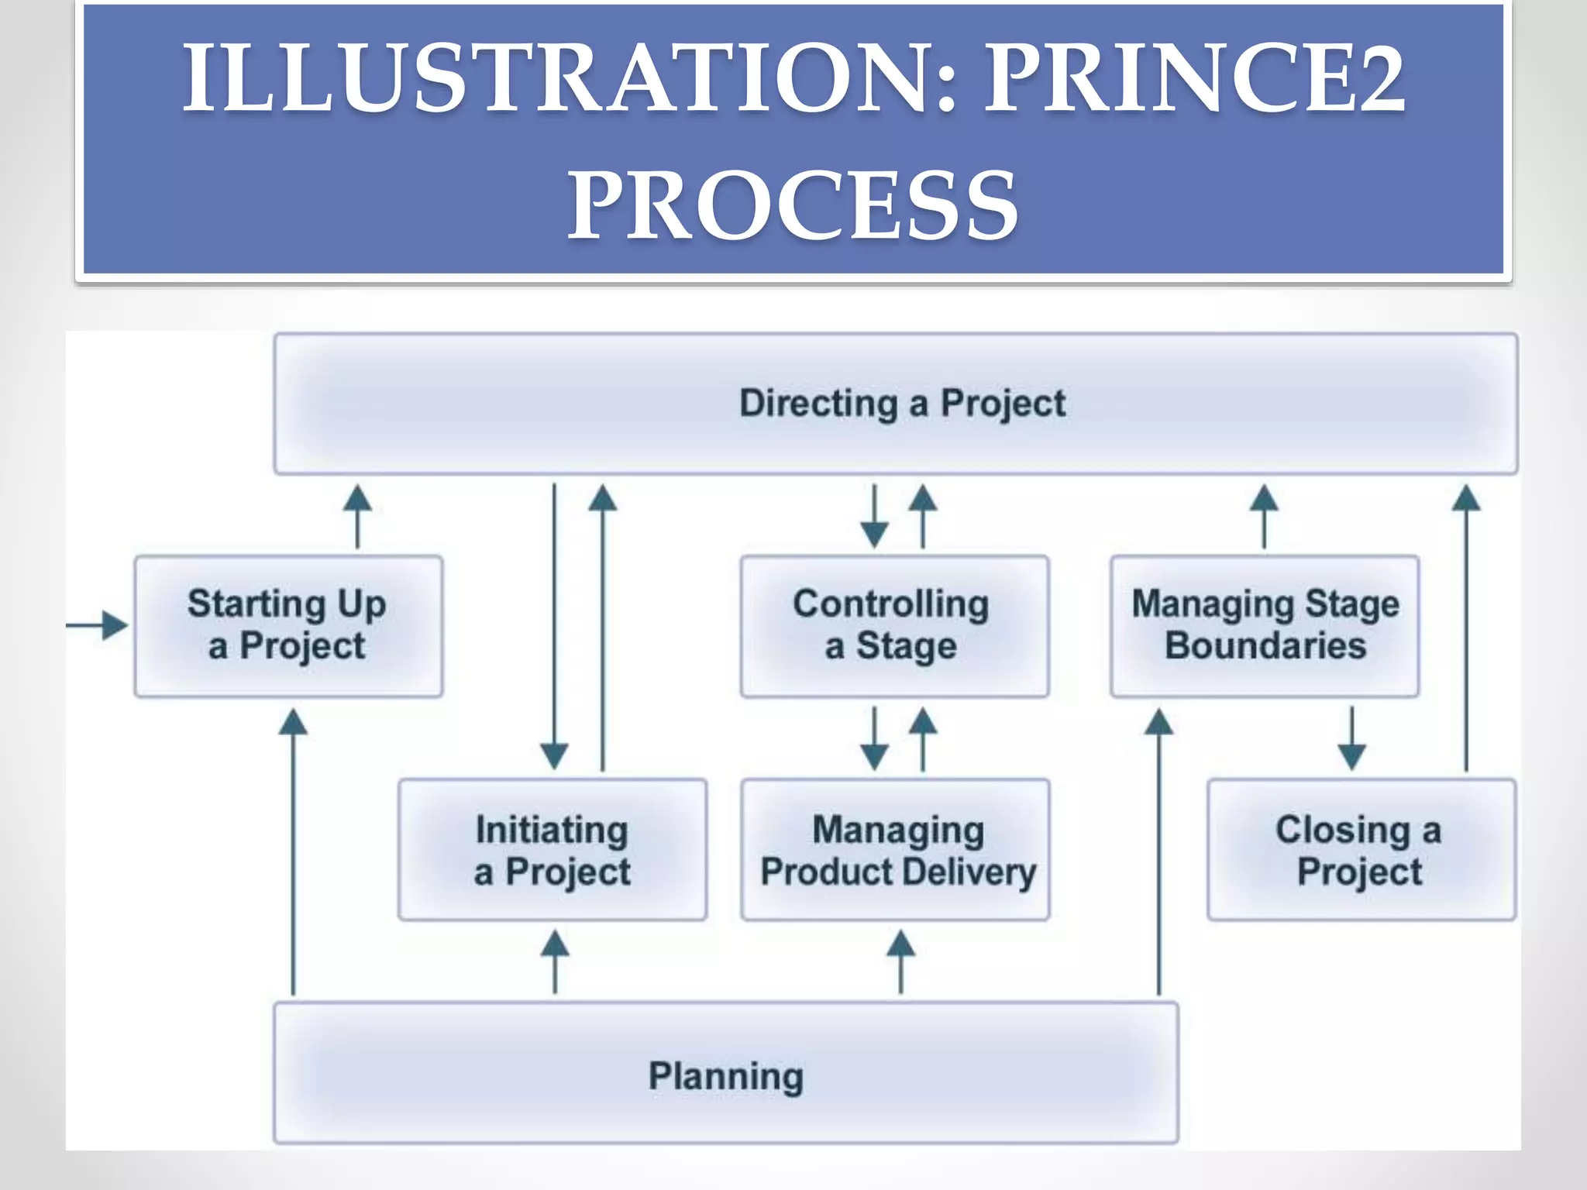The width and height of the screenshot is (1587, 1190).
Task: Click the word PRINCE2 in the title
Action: [1193, 77]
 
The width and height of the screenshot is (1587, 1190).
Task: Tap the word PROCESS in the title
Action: [793, 205]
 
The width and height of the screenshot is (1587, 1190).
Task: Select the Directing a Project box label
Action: [902, 404]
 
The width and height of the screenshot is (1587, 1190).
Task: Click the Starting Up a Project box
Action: [288, 625]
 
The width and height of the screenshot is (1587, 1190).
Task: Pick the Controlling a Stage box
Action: [894, 625]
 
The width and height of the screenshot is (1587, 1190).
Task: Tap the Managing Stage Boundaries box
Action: [1265, 625]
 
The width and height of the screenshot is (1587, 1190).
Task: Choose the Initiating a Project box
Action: [553, 850]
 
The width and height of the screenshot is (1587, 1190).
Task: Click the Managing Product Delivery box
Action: [896, 850]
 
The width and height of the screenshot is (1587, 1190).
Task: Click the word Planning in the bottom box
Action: [726, 1076]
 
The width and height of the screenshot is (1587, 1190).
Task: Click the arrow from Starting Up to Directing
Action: [357, 517]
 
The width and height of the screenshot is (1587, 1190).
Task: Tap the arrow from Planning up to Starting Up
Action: [293, 852]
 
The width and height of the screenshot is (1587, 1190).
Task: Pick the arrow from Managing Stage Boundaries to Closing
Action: [1352, 738]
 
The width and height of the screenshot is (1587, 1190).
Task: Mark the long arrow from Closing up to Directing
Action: [1466, 628]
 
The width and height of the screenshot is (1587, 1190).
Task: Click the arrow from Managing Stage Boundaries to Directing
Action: [1264, 517]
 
